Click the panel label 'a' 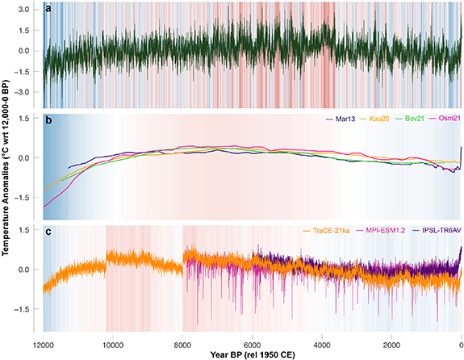[x=49, y=9]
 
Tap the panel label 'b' [x=49, y=119]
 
